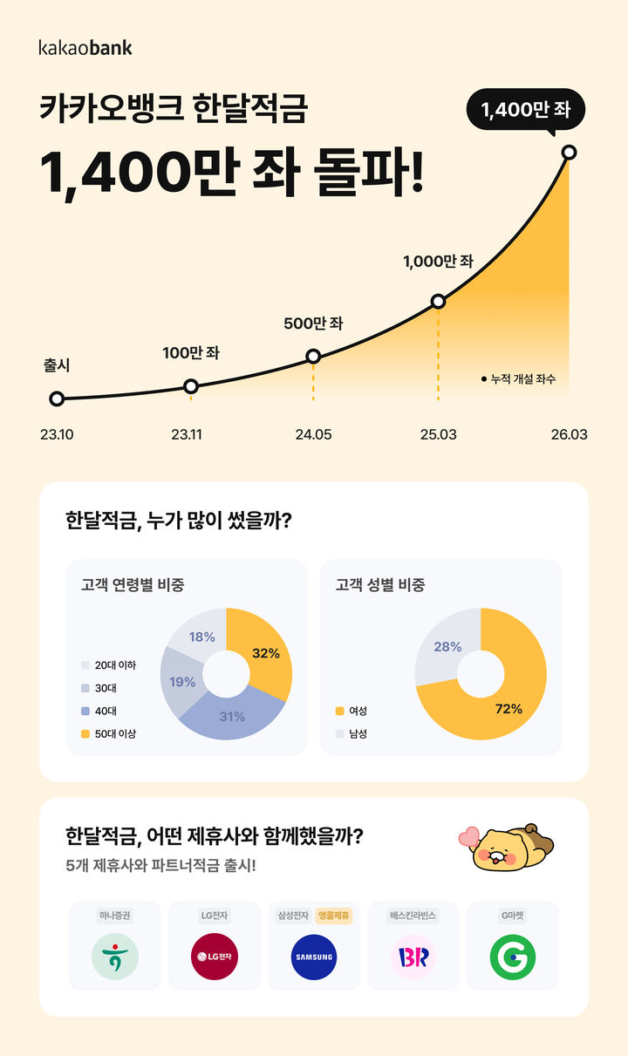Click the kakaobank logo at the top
(x=85, y=47)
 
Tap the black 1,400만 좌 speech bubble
(x=525, y=111)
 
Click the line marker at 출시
(x=57, y=399)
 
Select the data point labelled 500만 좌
(x=314, y=356)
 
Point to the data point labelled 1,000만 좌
(x=439, y=302)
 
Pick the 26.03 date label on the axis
(x=568, y=434)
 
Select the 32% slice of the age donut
(x=266, y=652)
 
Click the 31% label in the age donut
(x=232, y=717)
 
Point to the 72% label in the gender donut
(x=508, y=709)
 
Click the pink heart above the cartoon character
(x=471, y=838)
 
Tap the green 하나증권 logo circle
(x=115, y=956)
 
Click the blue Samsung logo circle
(x=314, y=956)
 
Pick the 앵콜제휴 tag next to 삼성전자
(x=333, y=916)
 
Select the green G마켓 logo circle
(x=513, y=956)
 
